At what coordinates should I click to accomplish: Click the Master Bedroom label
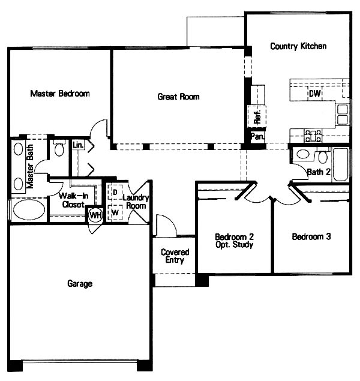pyautogui.click(x=60, y=94)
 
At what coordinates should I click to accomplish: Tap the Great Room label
pyautogui.click(x=179, y=97)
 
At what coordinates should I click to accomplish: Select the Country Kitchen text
pyautogui.click(x=298, y=46)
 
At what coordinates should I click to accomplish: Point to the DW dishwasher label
pyautogui.click(x=315, y=94)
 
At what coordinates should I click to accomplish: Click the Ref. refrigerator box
pyautogui.click(x=257, y=116)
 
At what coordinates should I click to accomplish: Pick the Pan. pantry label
pyautogui.click(x=257, y=136)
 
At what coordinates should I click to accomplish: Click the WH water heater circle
pyautogui.click(x=95, y=215)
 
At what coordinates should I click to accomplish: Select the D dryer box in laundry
pyautogui.click(x=115, y=192)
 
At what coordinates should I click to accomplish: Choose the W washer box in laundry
pyautogui.click(x=115, y=212)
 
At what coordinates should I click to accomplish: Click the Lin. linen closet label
pyautogui.click(x=78, y=145)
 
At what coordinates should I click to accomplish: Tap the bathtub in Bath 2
pyautogui.click(x=341, y=164)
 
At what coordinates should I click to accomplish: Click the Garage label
pyautogui.click(x=80, y=284)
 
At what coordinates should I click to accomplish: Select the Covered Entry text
pyautogui.click(x=175, y=256)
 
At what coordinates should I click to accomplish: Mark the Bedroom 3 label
pyautogui.click(x=311, y=236)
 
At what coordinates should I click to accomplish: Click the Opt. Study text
pyautogui.click(x=235, y=245)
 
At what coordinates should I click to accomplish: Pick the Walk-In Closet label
pyautogui.click(x=73, y=200)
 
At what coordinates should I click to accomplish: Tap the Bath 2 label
pyautogui.click(x=319, y=172)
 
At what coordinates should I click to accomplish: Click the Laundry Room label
pyautogui.click(x=136, y=202)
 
